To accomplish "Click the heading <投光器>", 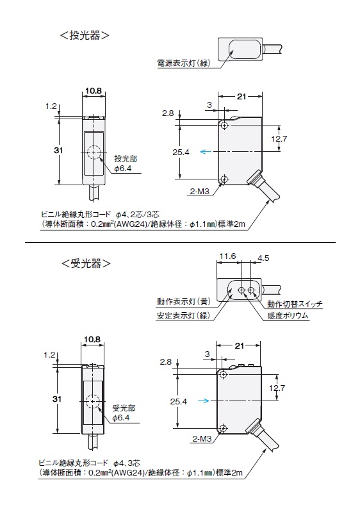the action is pyautogui.click(x=85, y=35).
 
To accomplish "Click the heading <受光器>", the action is pyautogui.click(x=86, y=264).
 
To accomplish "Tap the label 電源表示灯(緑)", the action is pyautogui.click(x=184, y=63).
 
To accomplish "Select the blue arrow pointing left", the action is pyautogui.click(x=206, y=152).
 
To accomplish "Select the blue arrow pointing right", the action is pyautogui.click(x=204, y=401).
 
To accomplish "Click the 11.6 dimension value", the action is pyautogui.click(x=227, y=256).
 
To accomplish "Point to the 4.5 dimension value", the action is pyautogui.click(x=263, y=258).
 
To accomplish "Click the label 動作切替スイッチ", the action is pyautogui.click(x=295, y=304).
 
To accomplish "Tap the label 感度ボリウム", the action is pyautogui.click(x=288, y=315).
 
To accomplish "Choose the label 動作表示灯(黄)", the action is pyautogui.click(x=184, y=301).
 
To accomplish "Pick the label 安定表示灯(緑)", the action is pyautogui.click(x=184, y=315).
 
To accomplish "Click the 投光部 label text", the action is pyautogui.click(x=126, y=159).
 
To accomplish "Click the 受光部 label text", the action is pyautogui.click(x=124, y=408).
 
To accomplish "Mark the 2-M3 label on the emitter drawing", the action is pyautogui.click(x=200, y=192).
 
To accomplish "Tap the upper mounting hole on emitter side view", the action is pyautogui.click(x=225, y=125).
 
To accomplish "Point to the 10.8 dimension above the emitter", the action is pyautogui.click(x=94, y=91).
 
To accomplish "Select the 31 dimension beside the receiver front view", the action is pyautogui.click(x=56, y=399).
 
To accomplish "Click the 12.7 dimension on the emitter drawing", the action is pyautogui.click(x=279, y=139).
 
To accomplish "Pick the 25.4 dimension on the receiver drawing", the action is pyautogui.click(x=178, y=402).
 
